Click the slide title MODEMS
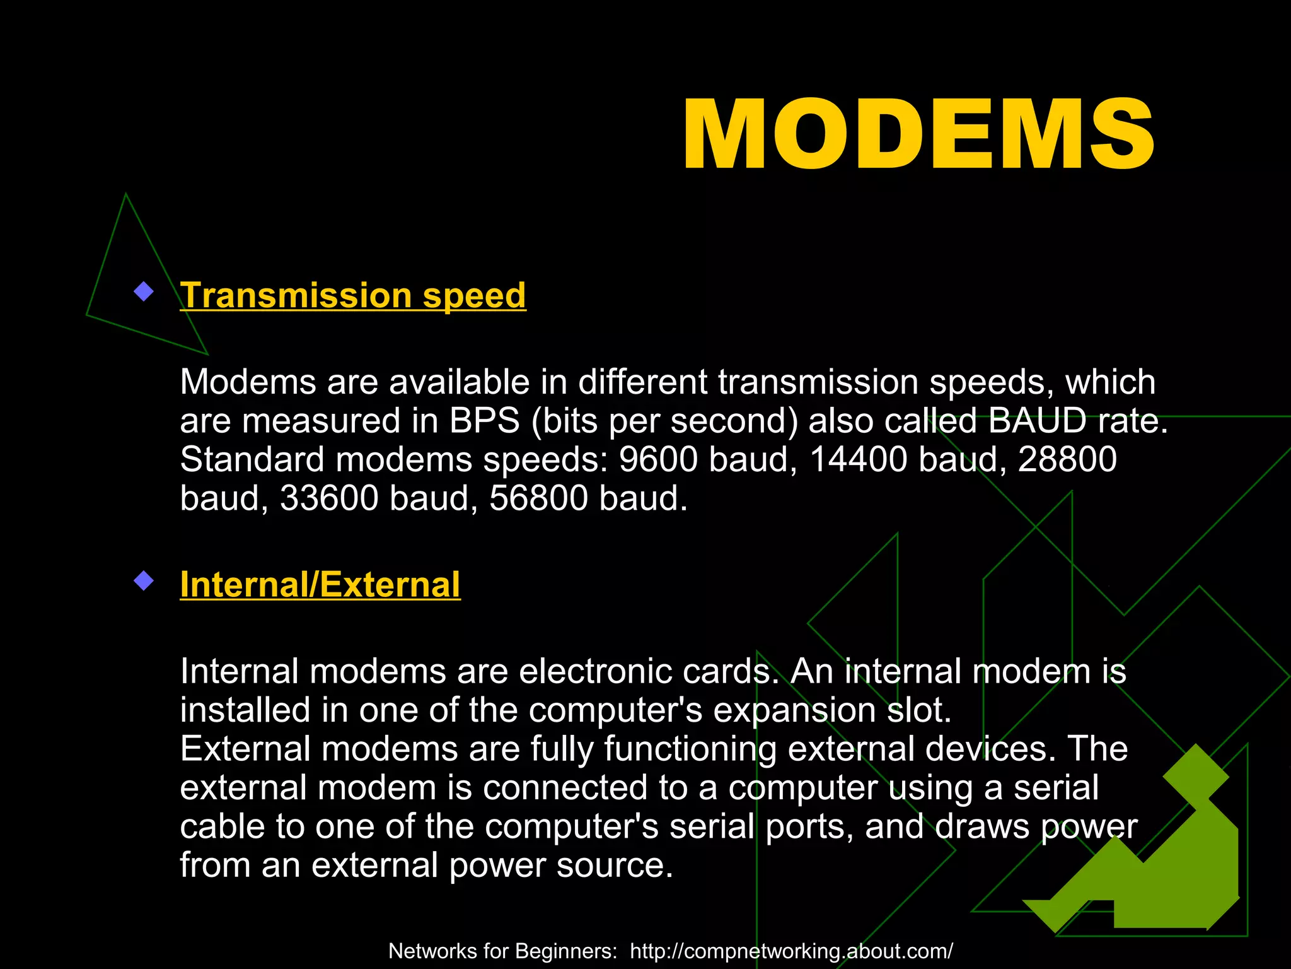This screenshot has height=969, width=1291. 918,135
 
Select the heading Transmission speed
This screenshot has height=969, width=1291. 353,295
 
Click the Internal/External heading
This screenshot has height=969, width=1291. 320,584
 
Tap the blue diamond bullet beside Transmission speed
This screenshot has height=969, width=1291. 144,291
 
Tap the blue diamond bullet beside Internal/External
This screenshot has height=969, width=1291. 144,580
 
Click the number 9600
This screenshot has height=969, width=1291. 658,459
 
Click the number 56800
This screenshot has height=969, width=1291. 538,498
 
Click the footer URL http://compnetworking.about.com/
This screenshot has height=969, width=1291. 791,951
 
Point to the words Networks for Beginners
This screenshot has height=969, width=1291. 502,951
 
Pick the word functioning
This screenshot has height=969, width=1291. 690,749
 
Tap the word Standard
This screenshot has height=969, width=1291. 252,459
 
